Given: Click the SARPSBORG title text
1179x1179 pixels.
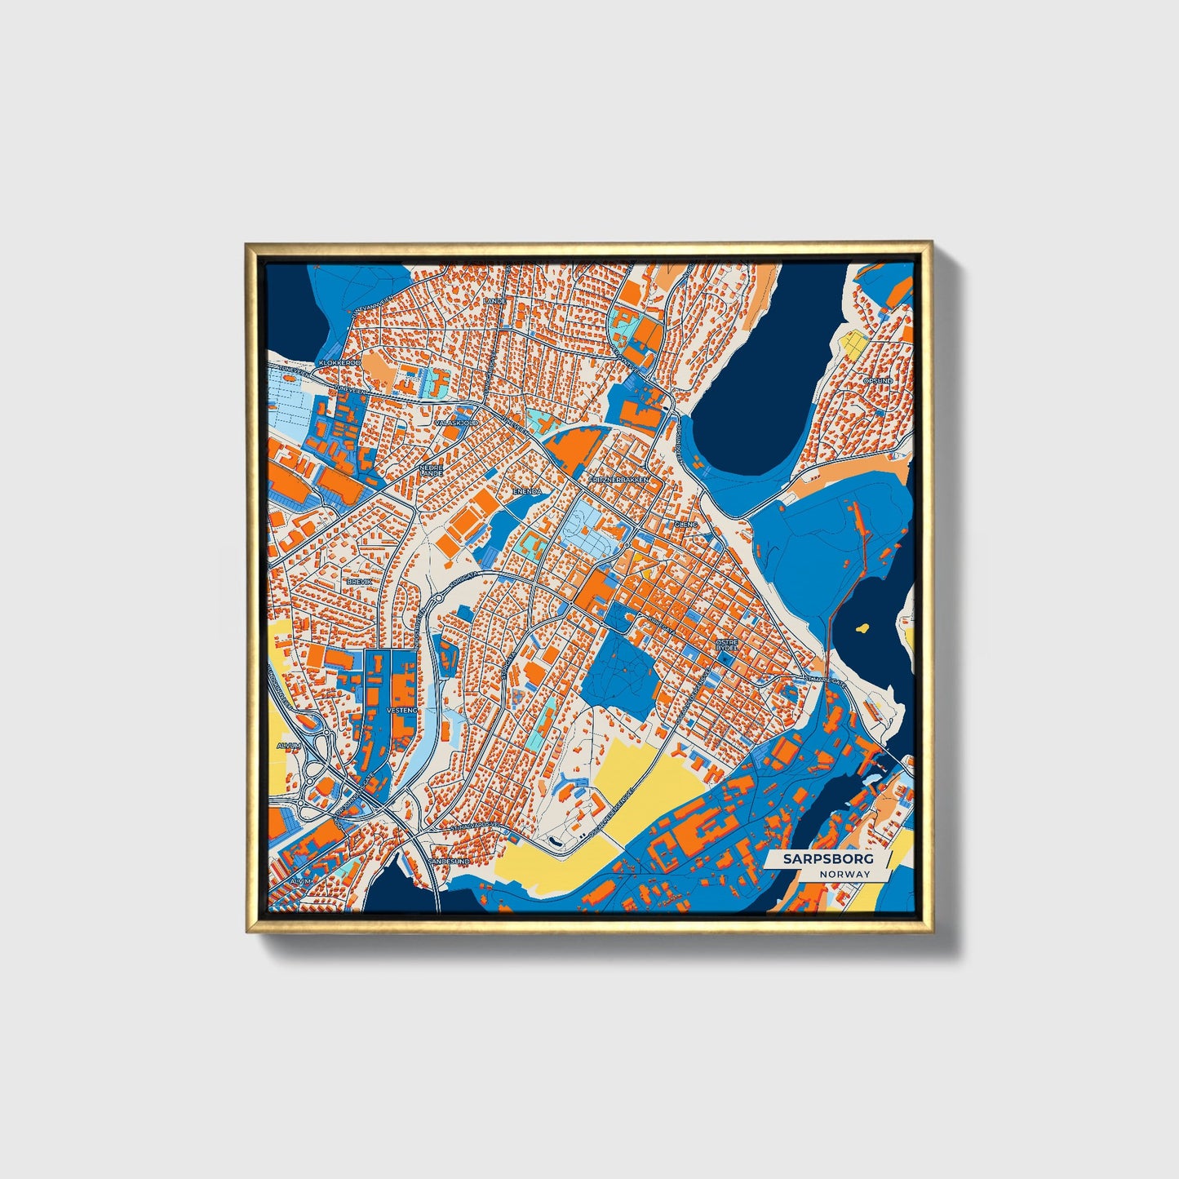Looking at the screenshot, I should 827,858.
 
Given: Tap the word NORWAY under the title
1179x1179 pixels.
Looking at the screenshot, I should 846,874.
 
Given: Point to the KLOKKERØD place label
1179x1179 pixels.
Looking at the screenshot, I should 339,361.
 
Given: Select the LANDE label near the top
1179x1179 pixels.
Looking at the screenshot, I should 494,300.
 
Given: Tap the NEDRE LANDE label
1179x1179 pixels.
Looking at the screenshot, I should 431,471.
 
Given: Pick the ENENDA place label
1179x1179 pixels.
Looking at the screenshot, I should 526,492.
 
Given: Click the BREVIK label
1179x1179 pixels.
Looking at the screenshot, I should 359,581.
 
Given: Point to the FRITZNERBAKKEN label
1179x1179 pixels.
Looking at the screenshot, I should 618,480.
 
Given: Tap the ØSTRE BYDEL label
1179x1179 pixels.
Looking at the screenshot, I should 726,645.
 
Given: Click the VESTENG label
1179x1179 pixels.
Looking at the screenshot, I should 401,711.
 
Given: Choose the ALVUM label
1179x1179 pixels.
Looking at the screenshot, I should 289,746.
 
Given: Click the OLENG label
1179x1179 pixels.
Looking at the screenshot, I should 687,525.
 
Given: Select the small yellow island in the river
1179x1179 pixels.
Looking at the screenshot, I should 862,628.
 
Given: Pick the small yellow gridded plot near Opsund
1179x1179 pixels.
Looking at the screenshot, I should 854,344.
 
